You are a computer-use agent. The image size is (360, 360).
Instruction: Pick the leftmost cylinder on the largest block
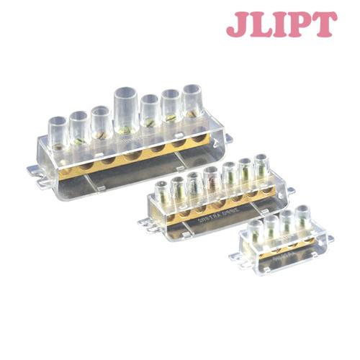coord(57,127)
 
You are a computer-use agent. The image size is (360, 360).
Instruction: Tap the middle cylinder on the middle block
coord(211,179)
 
